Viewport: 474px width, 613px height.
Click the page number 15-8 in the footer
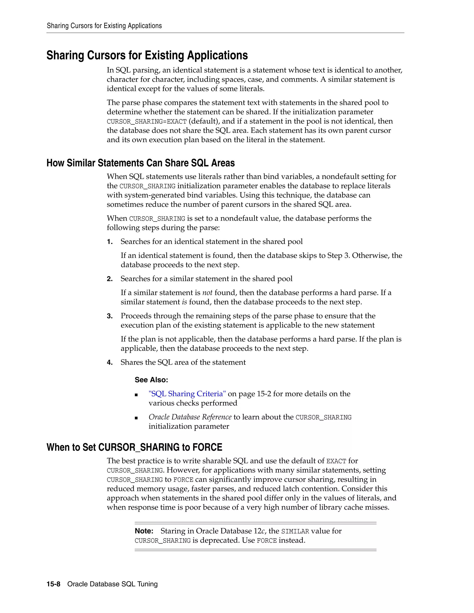(x=53, y=584)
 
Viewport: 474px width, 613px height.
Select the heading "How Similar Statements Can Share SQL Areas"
(x=140, y=163)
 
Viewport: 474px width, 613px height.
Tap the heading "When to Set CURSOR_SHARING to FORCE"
(x=134, y=447)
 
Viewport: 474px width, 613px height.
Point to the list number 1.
(x=109, y=242)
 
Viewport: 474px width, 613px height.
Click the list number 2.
(x=109, y=279)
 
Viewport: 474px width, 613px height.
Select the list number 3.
(x=109, y=316)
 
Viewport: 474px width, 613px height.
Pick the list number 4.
(x=109, y=363)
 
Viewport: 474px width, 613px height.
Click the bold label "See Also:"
(x=151, y=380)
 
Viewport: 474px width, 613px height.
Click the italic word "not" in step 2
(x=207, y=293)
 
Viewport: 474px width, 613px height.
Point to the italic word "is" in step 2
(x=184, y=302)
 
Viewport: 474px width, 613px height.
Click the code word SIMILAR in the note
(x=295, y=532)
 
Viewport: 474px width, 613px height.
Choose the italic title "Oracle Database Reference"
(x=190, y=417)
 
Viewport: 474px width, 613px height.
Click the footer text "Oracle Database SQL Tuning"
(x=112, y=584)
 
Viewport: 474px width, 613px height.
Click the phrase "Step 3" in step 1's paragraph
(x=338, y=256)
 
